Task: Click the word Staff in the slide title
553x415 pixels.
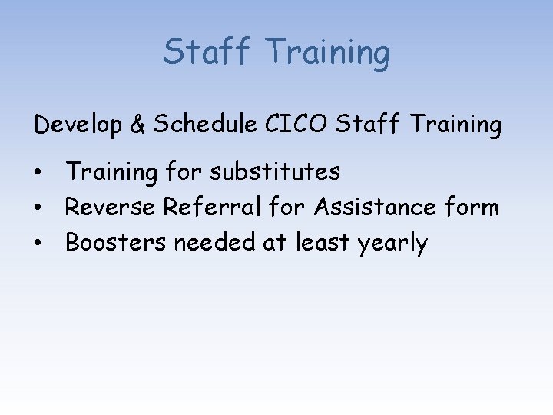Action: coord(207,52)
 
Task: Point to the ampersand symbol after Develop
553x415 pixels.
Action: coord(137,124)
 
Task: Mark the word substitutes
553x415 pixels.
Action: coord(275,171)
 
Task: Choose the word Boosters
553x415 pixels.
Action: coord(116,243)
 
